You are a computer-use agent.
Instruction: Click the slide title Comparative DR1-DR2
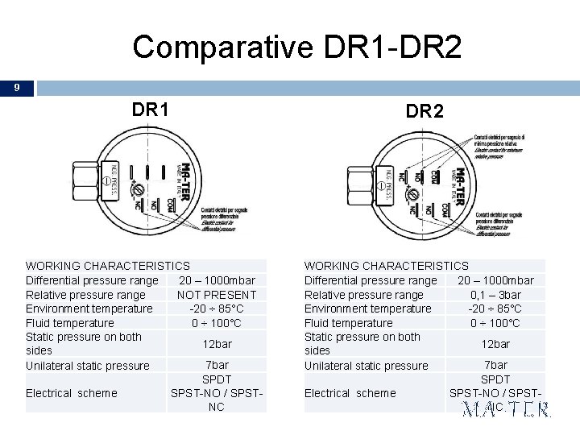[297, 48]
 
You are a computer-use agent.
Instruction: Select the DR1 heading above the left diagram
[151, 108]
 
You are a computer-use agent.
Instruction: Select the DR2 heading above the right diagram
[425, 111]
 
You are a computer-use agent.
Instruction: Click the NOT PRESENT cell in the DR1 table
[217, 294]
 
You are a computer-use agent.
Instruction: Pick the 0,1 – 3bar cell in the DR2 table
[495, 294]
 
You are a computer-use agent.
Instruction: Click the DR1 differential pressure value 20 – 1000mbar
[217, 280]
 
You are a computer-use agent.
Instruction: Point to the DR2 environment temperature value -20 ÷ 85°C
[495, 309]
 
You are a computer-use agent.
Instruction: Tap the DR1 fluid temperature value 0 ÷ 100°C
[217, 323]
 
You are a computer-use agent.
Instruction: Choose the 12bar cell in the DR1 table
[217, 344]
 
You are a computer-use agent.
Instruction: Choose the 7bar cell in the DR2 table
[495, 365]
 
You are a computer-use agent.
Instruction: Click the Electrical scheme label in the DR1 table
[72, 393]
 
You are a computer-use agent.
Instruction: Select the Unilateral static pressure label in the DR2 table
[366, 366]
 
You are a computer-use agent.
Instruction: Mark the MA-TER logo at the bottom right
[507, 409]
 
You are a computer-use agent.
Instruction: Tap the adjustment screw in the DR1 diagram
[138, 188]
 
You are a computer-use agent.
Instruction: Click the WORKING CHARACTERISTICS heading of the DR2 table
[386, 265]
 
